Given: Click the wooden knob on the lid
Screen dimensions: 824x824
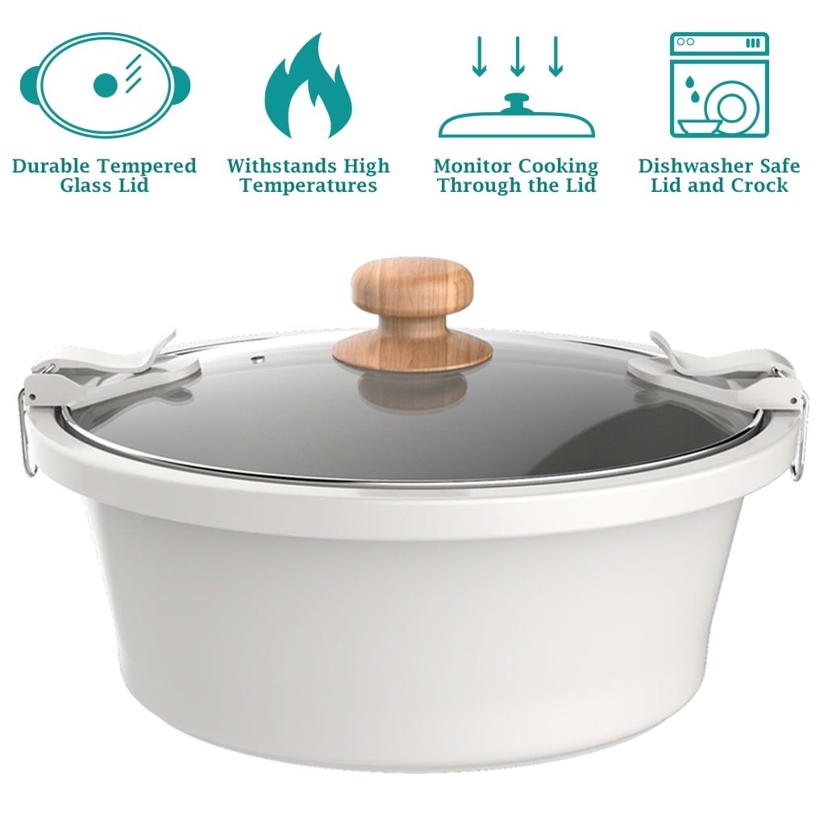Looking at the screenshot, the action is click(x=413, y=314).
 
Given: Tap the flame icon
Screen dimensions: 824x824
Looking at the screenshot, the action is click(x=308, y=87).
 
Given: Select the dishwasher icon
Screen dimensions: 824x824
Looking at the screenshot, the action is click(x=719, y=85).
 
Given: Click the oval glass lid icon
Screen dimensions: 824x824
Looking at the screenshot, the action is click(x=105, y=85).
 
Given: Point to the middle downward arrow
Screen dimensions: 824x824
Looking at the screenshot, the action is click(x=518, y=56).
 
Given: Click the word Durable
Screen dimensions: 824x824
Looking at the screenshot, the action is click(x=51, y=166).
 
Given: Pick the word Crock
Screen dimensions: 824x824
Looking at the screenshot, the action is click(x=759, y=185).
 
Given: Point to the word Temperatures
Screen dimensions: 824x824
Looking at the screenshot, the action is click(x=309, y=186).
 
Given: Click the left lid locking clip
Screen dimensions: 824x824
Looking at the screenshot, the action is click(x=113, y=368).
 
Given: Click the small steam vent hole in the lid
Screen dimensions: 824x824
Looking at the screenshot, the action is click(x=257, y=360).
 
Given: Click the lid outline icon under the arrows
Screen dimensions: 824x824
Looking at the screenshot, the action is click(x=517, y=117).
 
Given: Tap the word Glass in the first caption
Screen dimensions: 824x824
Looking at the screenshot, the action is click(x=81, y=185).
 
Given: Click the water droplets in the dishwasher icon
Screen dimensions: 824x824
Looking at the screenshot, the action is click(x=693, y=89).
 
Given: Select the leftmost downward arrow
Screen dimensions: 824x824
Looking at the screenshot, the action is click(x=479, y=56).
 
